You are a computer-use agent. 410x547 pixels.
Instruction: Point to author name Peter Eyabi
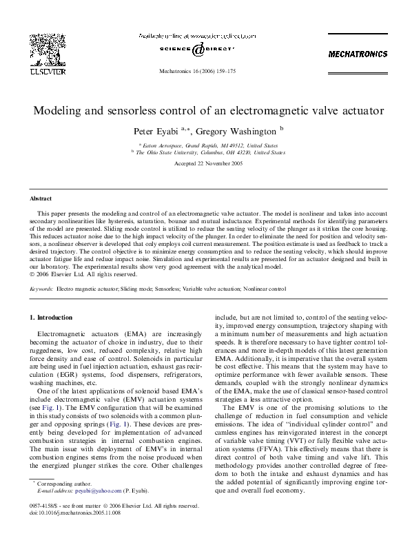coord(156,130)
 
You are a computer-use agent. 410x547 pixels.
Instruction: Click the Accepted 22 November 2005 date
coord(205,163)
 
